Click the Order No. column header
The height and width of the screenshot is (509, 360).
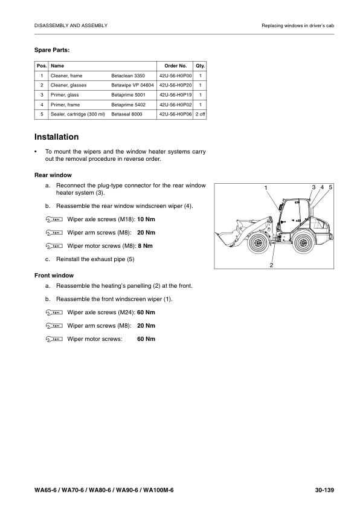pyautogui.click(x=175, y=66)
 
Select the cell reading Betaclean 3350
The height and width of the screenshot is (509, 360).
pyautogui.click(x=128, y=76)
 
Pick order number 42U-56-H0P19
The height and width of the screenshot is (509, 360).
pyautogui.click(x=175, y=95)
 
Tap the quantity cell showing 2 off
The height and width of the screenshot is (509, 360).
pyautogui.click(x=200, y=114)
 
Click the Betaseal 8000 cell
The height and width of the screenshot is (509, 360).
pyautogui.click(x=126, y=114)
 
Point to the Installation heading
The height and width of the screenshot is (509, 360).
pyautogui.click(x=56, y=137)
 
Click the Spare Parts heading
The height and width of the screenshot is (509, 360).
pyautogui.click(x=52, y=50)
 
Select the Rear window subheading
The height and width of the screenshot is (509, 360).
pyautogui.click(x=53, y=175)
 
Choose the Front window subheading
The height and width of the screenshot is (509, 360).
pyautogui.click(x=54, y=275)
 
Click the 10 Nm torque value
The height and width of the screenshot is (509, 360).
pyautogui.click(x=146, y=219)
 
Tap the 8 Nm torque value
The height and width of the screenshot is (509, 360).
pyautogui.click(x=145, y=246)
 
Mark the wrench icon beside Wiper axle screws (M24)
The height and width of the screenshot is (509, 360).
pyautogui.click(x=54, y=313)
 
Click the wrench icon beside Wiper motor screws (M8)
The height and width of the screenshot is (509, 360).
pyautogui.click(x=54, y=246)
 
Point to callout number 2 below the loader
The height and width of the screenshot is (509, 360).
pyautogui.click(x=271, y=265)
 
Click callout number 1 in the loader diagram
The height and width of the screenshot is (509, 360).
pyautogui.click(x=266, y=187)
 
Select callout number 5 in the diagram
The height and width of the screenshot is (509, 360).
pyautogui.click(x=330, y=187)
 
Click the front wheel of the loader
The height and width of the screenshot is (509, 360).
pyautogui.click(x=258, y=242)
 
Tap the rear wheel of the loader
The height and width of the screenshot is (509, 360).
pyautogui.click(x=303, y=242)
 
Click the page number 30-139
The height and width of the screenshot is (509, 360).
pyautogui.click(x=324, y=490)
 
